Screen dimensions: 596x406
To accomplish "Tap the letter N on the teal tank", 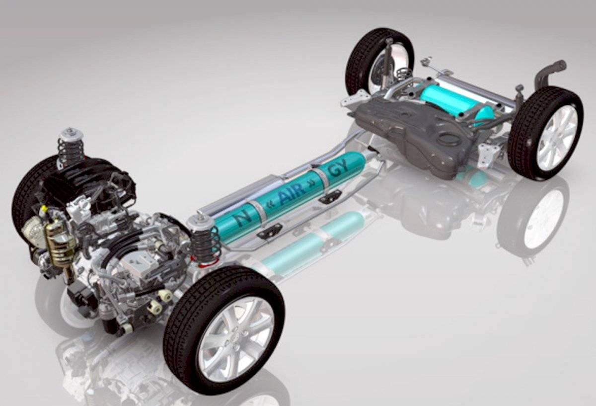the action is pos(242,218).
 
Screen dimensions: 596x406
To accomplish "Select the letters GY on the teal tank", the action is pos(339,168).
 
